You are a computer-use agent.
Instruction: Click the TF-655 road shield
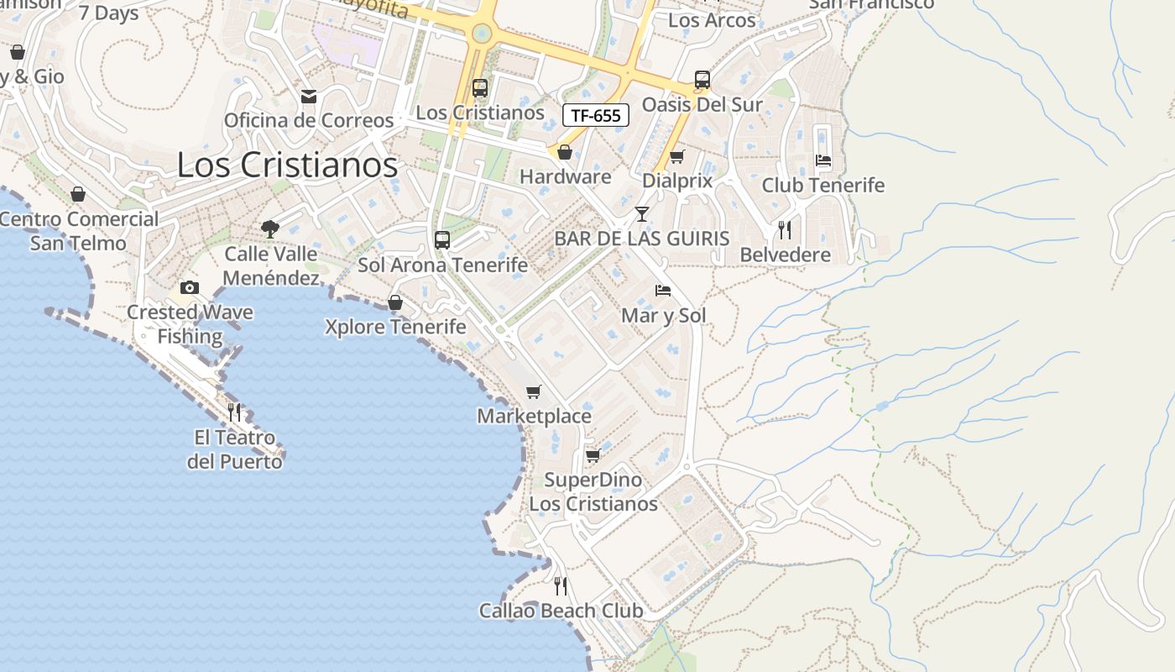click(x=596, y=115)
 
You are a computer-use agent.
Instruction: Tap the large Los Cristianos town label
click(x=287, y=165)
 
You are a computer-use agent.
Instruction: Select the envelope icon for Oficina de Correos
click(x=309, y=97)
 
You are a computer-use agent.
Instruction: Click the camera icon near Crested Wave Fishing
click(x=190, y=288)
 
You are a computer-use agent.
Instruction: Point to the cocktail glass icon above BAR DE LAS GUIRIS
click(x=642, y=214)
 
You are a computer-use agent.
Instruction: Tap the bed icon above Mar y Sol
click(x=663, y=291)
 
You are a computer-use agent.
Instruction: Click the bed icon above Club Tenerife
click(x=822, y=160)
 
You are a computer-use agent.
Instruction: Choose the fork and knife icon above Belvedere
click(x=785, y=229)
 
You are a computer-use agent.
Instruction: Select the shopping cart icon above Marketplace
click(x=534, y=391)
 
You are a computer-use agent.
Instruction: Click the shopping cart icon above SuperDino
click(x=593, y=455)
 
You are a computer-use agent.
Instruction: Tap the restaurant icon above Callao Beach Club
click(x=561, y=585)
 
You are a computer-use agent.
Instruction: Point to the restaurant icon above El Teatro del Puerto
click(x=234, y=412)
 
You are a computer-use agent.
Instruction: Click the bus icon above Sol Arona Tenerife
click(x=442, y=240)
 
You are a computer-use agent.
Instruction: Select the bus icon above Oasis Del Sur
click(x=702, y=80)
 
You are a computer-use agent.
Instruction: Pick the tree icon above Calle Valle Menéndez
click(x=270, y=228)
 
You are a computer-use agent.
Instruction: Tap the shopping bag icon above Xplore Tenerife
click(x=395, y=302)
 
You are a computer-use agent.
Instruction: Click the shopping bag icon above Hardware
click(x=565, y=152)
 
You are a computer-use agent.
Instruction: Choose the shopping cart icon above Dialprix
click(x=676, y=156)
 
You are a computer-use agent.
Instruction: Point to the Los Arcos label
click(x=712, y=20)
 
